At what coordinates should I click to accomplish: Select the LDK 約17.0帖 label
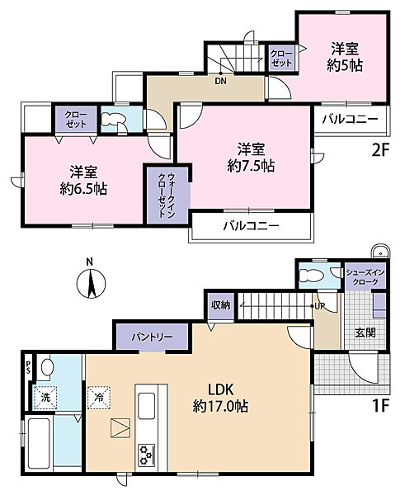point(222,398)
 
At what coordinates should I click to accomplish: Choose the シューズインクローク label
point(362,277)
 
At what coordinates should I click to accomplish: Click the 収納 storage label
point(219,304)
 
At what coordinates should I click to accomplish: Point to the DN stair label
point(222,81)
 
